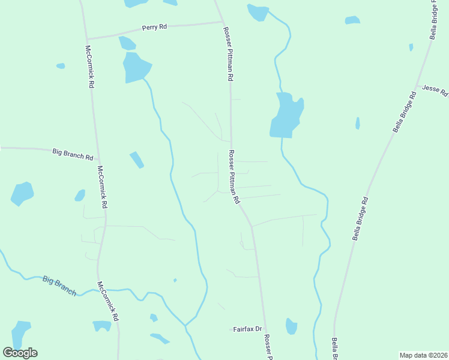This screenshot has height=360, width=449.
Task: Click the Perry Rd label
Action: pos(154,28)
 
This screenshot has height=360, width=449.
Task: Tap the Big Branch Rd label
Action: pos(73,154)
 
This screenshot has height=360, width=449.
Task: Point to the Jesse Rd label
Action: pos(435,90)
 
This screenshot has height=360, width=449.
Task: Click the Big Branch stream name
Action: pos(59,285)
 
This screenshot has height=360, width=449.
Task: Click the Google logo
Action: pos(20,353)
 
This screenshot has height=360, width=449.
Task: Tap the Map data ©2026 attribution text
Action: pos(424,355)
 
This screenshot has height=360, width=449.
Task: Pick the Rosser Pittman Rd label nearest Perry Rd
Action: pos(228,54)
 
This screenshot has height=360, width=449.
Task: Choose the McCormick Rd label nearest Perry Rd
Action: pos(89,67)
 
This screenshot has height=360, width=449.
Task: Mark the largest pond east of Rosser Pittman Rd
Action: pos(286,116)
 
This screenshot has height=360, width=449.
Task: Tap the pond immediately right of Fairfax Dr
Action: pos(291,326)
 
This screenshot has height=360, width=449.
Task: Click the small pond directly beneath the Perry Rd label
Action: pos(127,43)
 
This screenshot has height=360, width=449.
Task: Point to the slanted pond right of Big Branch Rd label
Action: pos(137,160)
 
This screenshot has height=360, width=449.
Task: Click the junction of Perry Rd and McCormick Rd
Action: pos(87,38)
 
